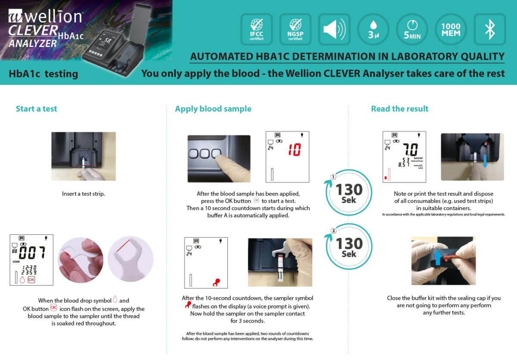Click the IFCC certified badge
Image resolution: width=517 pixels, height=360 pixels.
(x=256, y=29)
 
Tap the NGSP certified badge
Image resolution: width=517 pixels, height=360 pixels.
(x=295, y=29)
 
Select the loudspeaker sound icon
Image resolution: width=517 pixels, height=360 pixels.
(x=334, y=29)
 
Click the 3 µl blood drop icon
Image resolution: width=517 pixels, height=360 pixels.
(x=373, y=29)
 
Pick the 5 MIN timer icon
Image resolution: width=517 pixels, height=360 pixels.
(x=412, y=29)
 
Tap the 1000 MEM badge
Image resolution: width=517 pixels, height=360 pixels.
(x=451, y=29)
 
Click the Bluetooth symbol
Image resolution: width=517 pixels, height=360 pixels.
(x=490, y=29)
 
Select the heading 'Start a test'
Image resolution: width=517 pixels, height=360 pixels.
(x=37, y=109)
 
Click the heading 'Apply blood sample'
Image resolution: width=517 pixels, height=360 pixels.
(x=213, y=109)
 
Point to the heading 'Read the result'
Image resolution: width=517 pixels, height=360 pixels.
(x=399, y=109)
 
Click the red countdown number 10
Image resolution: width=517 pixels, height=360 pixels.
(x=295, y=150)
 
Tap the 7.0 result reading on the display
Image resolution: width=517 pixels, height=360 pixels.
(x=410, y=149)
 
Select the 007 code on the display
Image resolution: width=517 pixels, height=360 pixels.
(x=32, y=252)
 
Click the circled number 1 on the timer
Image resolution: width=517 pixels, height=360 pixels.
(x=333, y=177)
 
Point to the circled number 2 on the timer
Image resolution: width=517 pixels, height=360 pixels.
(x=333, y=231)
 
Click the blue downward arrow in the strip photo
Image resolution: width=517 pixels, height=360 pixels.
(x=485, y=161)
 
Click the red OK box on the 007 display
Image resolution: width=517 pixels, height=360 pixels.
(x=31, y=280)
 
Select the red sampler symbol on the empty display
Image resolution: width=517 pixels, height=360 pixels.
(x=216, y=282)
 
